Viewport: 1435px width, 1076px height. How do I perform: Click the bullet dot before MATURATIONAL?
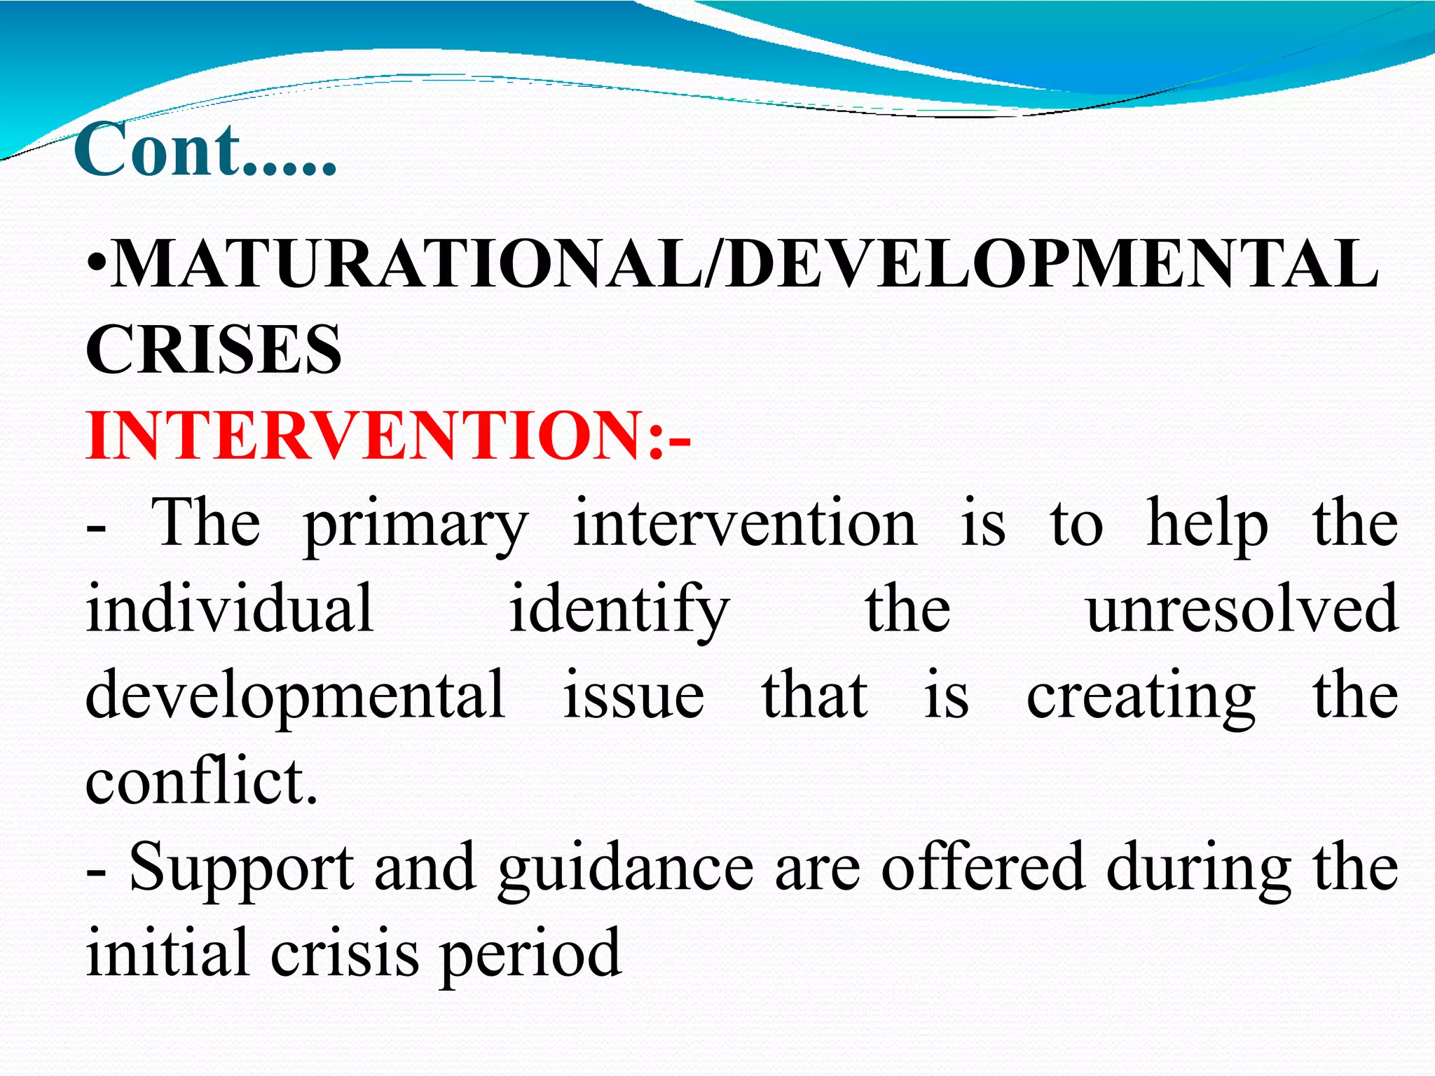pyautogui.click(x=97, y=267)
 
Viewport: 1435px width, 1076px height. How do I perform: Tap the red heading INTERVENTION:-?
pyautogui.click(x=388, y=435)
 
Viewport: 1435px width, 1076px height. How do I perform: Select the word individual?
pyautogui.click(x=230, y=608)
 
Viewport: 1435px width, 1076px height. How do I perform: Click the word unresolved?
pyautogui.click(x=1242, y=608)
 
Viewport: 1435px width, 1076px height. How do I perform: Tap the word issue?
pyautogui.click(x=633, y=695)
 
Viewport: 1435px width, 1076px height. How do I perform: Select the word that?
pyautogui.click(x=814, y=695)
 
